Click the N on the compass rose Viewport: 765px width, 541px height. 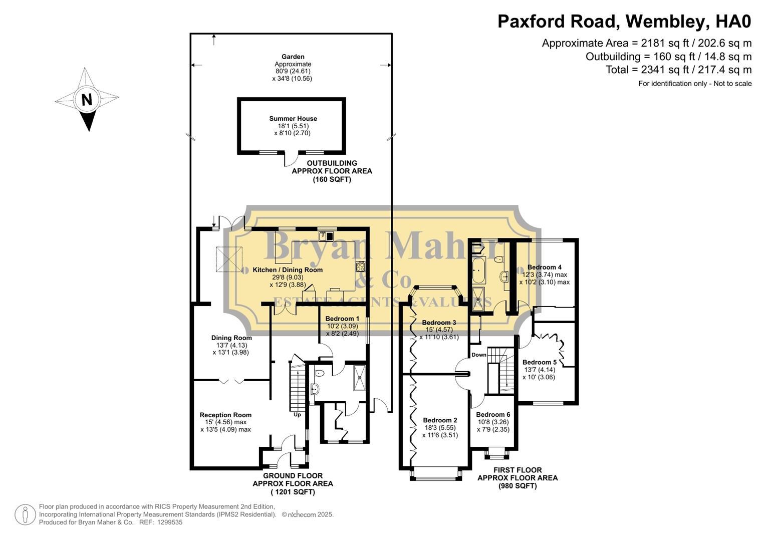[87, 100]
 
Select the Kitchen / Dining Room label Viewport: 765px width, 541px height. [288, 270]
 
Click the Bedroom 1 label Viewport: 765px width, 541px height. [342, 319]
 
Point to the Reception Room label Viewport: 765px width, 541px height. [225, 415]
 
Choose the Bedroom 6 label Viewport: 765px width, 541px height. [493, 414]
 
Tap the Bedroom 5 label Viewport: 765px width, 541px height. [539, 362]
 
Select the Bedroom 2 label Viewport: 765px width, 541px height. [440, 420]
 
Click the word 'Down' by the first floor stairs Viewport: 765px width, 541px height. [478, 355]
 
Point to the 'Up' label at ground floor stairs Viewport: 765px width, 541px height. [297, 415]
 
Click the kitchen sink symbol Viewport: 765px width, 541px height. [324, 235]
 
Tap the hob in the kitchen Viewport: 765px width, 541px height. [360, 266]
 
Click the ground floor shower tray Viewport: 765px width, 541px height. [359, 378]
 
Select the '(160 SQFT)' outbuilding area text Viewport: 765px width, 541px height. [332, 179]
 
